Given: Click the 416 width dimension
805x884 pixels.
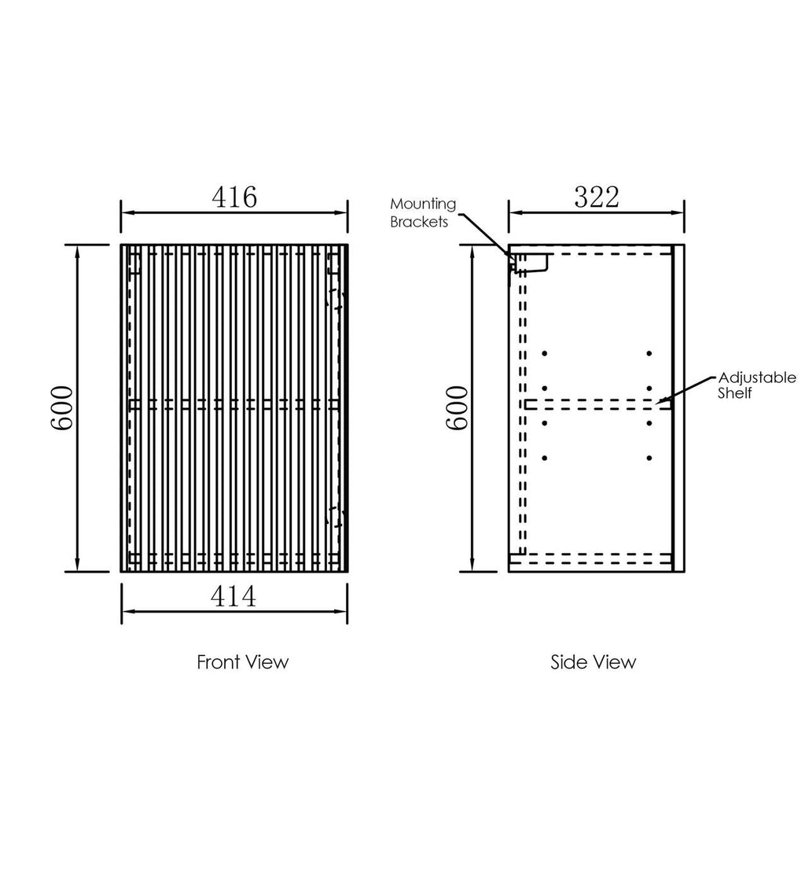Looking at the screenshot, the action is coord(234,197).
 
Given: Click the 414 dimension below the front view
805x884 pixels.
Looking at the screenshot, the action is coord(233,596).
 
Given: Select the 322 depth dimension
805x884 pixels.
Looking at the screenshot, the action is coord(597,197).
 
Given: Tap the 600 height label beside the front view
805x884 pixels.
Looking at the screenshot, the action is coord(62,408).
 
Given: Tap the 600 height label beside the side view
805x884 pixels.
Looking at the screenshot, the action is coord(458,408).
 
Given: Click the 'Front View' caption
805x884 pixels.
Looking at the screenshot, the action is coord(242,662).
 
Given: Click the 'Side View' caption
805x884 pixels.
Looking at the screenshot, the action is coord(593,662).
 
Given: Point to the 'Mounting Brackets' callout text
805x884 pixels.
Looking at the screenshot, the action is coord(423,212).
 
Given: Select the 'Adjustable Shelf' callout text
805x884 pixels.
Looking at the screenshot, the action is coord(756,385).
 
